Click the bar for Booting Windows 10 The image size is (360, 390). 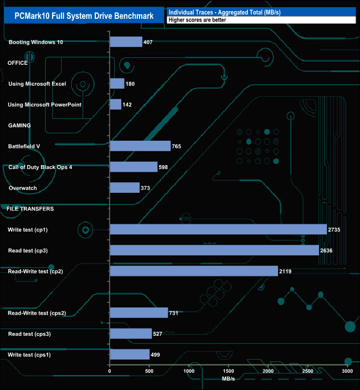click(x=126, y=42)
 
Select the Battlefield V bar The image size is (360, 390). click(x=140, y=146)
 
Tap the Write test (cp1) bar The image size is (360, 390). click(x=218, y=229)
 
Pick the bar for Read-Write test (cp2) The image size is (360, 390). click(x=194, y=271)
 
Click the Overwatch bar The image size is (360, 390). click(x=125, y=188)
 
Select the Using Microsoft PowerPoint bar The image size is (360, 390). click(x=116, y=105)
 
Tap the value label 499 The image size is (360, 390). click(x=156, y=355)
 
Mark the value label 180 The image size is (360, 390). click(x=131, y=84)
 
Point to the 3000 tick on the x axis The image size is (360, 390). click(x=348, y=371)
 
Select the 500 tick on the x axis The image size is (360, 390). click(x=150, y=371)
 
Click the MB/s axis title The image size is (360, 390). click(x=229, y=380)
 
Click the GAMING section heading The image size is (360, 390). click(x=19, y=126)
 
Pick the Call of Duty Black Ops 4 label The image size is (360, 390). click(x=40, y=167)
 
